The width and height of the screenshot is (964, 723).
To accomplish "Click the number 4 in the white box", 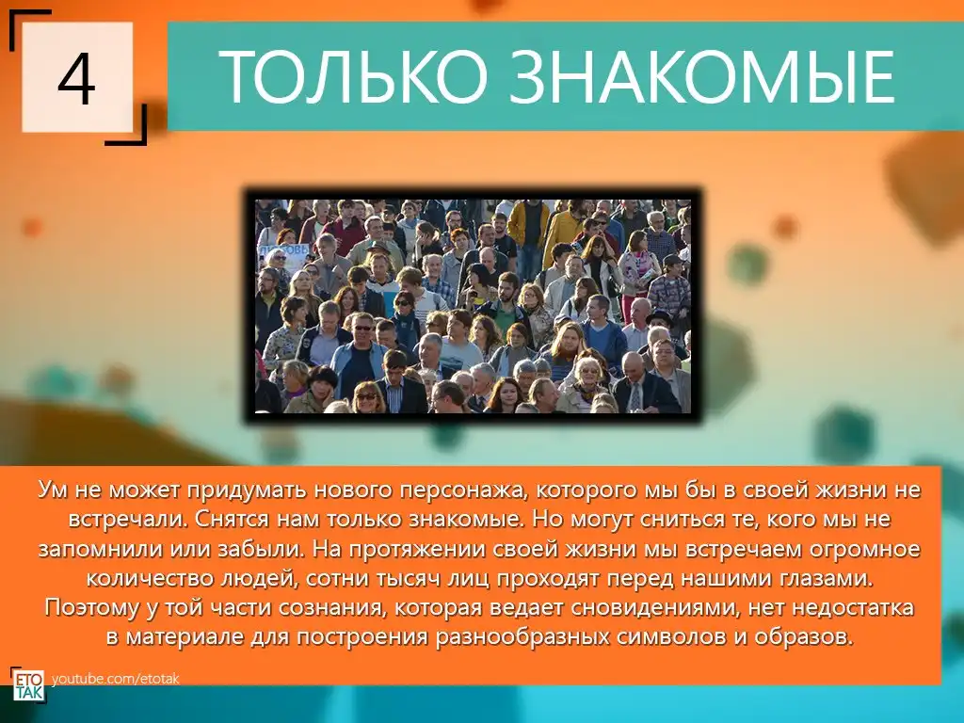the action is point(77,79).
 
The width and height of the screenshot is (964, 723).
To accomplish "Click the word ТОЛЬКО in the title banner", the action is point(353,76).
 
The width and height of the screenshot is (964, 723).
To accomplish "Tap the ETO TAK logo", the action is point(28,684).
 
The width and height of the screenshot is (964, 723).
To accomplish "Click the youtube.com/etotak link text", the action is point(116,679).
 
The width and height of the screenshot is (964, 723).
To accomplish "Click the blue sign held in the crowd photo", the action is point(281,254).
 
